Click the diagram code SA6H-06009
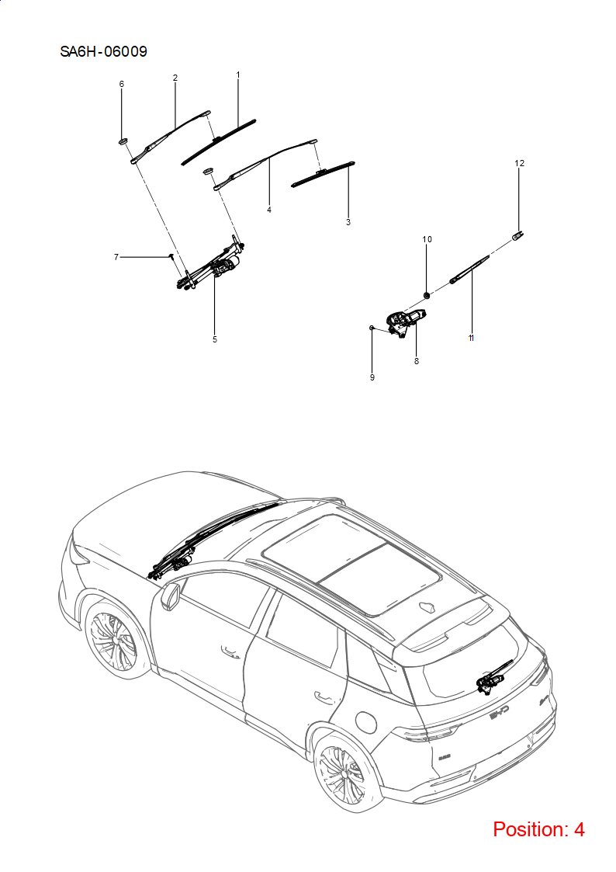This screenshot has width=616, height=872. click(103, 52)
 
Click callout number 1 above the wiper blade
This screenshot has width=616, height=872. click(238, 75)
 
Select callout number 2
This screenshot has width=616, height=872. click(175, 78)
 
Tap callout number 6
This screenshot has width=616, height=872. click(122, 84)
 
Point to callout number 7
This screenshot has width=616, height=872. click(116, 257)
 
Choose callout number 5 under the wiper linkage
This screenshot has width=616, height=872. click(215, 339)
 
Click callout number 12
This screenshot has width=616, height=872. click(519, 163)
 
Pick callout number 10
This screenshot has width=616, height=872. click(427, 239)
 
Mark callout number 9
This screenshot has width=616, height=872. click(372, 377)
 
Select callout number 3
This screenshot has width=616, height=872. click(348, 222)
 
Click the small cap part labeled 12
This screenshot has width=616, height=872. click(517, 235)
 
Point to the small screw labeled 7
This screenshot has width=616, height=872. click(171, 257)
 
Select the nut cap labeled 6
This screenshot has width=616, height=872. click(123, 142)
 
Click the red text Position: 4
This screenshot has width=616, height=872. click(538, 829)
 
